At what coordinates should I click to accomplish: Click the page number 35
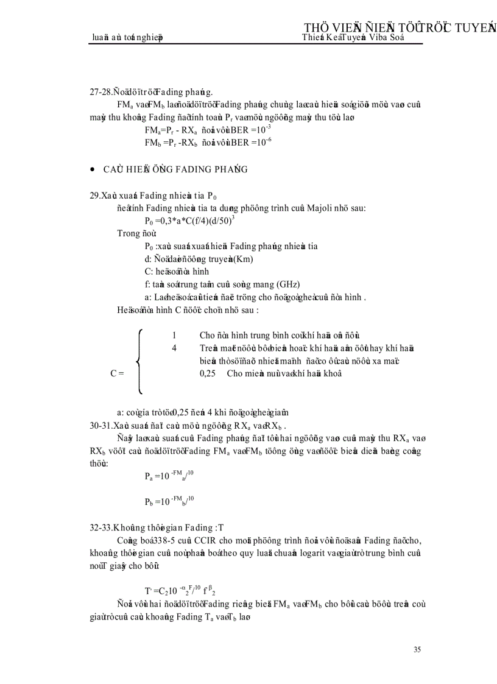point(417,649)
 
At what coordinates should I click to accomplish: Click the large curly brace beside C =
point(139,361)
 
